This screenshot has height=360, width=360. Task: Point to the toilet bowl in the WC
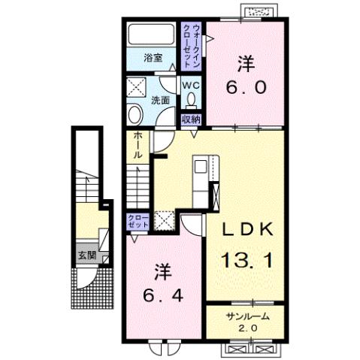[x=191, y=99]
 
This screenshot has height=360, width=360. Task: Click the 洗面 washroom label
[x=160, y=100]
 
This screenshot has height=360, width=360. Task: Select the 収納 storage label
[x=191, y=119]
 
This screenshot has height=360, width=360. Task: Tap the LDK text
[x=245, y=230]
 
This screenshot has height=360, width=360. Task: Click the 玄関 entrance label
[x=85, y=256]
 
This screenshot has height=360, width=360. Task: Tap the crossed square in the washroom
[x=138, y=86]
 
